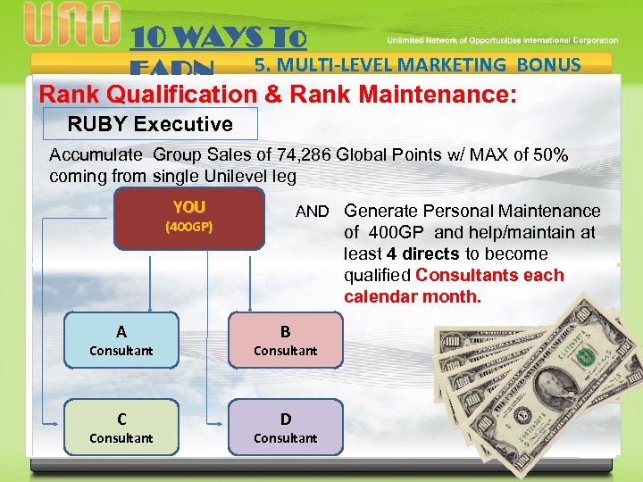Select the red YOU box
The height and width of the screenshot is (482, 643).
point(189,216)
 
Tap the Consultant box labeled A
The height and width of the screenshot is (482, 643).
point(121,341)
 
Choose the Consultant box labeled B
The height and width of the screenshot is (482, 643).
point(285,341)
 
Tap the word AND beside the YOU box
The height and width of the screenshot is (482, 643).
point(312,212)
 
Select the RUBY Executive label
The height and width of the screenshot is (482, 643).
point(150,124)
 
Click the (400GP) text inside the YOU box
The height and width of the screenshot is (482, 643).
point(189,227)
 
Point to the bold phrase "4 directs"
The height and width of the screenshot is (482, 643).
point(423,253)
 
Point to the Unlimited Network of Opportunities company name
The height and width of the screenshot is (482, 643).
point(502,40)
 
